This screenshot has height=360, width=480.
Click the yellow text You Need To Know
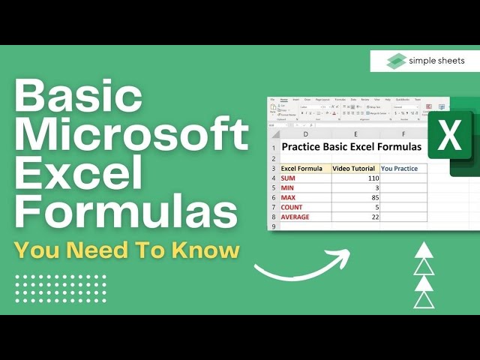click(127, 251)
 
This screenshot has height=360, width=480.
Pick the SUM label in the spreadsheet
click(288, 179)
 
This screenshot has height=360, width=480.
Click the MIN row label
click(288, 188)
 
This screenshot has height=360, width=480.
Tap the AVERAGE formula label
click(295, 217)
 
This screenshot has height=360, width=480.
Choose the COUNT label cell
click(292, 207)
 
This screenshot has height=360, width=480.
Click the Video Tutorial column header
click(355, 169)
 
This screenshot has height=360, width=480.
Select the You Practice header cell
click(403, 169)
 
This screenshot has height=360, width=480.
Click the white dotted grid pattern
click(61, 289)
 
